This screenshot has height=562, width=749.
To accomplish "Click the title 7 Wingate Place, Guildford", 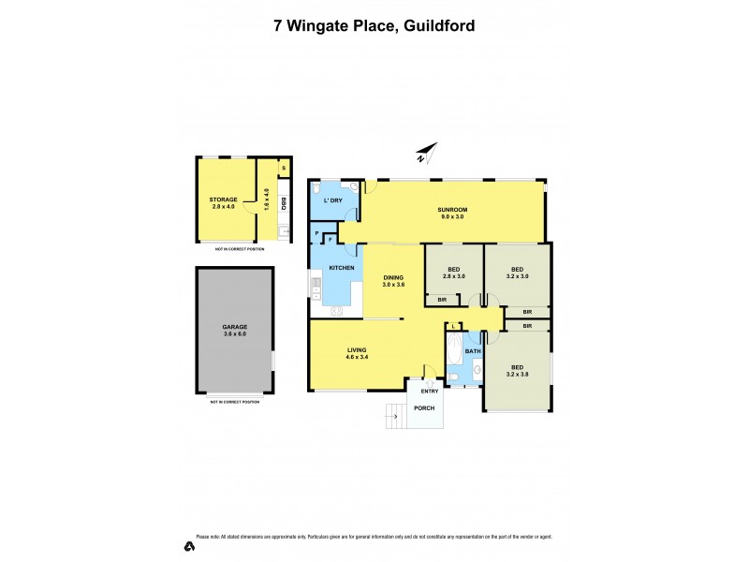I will point(374,25).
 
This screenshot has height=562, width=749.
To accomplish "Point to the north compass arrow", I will point(427,153).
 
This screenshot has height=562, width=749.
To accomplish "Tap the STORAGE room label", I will point(223,202).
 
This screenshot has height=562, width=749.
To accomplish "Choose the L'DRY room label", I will point(331,201).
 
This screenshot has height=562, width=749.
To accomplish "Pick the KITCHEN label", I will point(341,269).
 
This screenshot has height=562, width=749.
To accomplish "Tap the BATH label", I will point(473,351).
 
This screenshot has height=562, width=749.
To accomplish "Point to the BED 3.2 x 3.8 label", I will point(517,370).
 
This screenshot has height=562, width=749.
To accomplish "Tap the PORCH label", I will point(425,408).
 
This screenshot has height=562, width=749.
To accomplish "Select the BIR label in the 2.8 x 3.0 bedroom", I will point(442,300).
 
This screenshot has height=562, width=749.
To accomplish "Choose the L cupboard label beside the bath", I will point(453,326).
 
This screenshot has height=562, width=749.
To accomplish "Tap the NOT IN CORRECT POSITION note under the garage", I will point(235,401).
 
